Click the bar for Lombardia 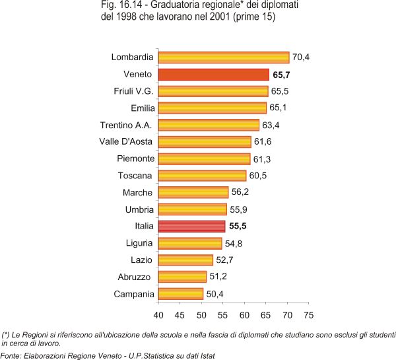click(x=224, y=57)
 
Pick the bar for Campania click(x=181, y=294)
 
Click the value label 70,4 click(x=302, y=57)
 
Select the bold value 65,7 click(x=282, y=75)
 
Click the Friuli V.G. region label click(x=134, y=91)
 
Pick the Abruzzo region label click(x=136, y=277)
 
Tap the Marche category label click(x=137, y=193)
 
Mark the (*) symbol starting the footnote click(x=7, y=335)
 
